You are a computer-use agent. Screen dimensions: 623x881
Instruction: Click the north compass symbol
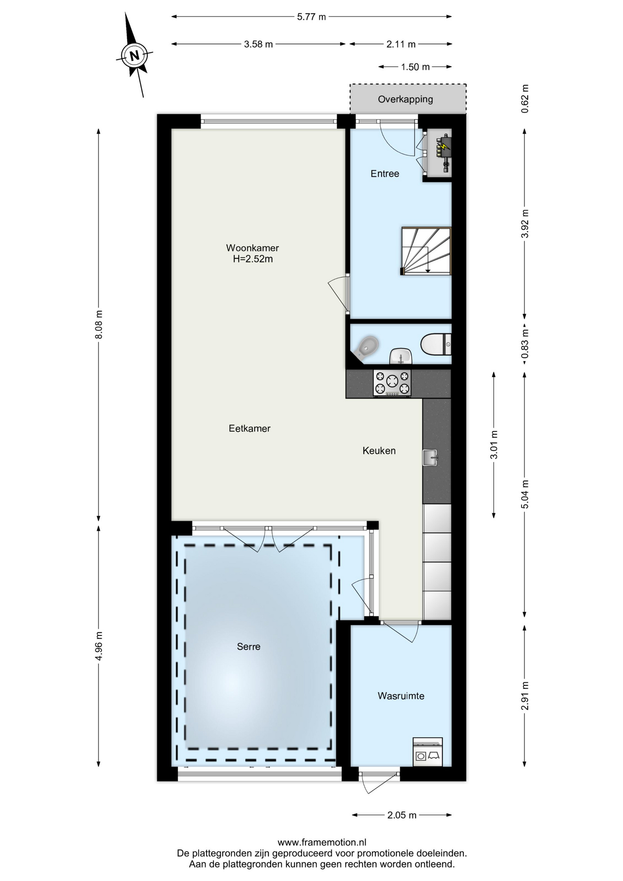[x=134, y=56]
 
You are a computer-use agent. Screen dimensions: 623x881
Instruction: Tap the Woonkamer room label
[x=252, y=248]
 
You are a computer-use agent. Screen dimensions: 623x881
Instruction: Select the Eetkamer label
[x=250, y=428]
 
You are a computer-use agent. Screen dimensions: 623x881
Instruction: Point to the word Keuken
[x=379, y=451]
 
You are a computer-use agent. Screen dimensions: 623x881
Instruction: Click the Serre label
[x=249, y=647]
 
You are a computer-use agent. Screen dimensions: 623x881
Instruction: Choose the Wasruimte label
[x=401, y=696]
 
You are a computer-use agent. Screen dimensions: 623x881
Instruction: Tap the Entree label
[x=385, y=173]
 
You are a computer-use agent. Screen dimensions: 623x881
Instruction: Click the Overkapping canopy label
[x=406, y=99]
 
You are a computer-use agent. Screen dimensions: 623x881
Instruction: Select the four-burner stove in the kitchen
[x=392, y=383]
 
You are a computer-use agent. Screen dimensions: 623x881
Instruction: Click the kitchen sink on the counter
[x=430, y=457]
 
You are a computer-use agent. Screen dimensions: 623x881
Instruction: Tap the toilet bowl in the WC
[x=436, y=345]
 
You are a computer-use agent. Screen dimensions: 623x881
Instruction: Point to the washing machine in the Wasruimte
[x=428, y=752]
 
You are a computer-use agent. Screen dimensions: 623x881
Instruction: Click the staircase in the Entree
[x=426, y=251]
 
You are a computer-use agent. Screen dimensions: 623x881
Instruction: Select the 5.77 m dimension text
[x=311, y=17]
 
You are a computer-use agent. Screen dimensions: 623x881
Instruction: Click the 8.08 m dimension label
[x=99, y=325]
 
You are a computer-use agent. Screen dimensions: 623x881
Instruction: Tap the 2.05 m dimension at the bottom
[x=402, y=815]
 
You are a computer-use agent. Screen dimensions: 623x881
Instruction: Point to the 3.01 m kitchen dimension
[x=494, y=445]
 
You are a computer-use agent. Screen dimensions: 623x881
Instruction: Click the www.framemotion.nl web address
[x=322, y=842]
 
